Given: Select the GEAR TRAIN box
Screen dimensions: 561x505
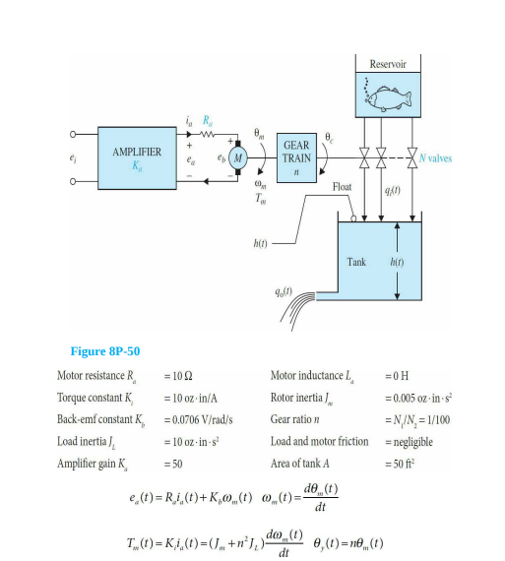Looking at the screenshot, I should [296, 157].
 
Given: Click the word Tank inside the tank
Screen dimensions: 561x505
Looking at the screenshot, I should [356, 263].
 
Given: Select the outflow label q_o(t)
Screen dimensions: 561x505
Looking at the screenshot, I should [286, 291].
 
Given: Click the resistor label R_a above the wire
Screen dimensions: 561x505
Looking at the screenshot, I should [207, 120].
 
